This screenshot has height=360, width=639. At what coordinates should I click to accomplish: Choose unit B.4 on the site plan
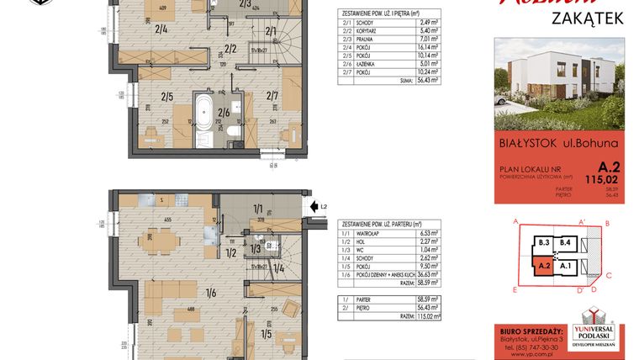click(568, 244)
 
